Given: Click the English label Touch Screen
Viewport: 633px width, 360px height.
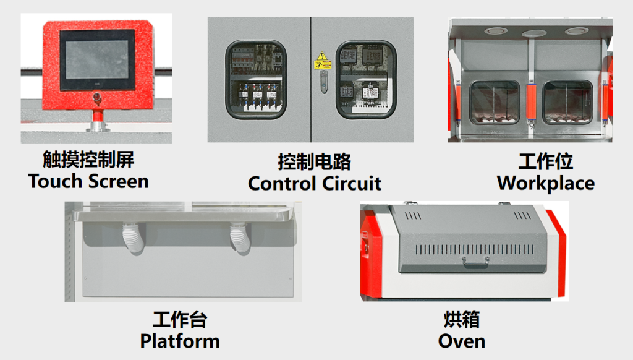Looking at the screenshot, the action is (88, 181).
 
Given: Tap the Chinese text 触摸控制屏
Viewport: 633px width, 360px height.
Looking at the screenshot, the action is (88, 159).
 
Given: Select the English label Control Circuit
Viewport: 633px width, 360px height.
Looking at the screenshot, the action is (315, 184).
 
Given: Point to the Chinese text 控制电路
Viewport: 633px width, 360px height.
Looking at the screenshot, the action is (315, 161).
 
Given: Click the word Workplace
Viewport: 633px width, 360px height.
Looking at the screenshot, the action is (546, 184).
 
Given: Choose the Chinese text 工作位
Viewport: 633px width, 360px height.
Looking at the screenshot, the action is (546, 161).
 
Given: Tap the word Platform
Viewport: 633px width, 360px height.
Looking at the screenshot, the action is (180, 341).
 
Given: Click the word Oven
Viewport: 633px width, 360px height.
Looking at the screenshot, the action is (462, 341).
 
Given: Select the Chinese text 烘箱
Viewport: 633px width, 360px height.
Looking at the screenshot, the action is (462, 319).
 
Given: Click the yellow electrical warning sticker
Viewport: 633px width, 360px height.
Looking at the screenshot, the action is (322, 60).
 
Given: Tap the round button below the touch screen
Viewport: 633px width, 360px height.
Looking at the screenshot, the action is (97, 98).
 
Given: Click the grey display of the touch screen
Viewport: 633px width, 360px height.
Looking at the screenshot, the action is (97, 59).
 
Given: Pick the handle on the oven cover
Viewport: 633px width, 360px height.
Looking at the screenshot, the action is (475, 262).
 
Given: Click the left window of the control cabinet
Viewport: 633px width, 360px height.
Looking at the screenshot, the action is (256, 79).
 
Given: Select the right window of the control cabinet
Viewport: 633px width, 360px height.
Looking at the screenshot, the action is (366, 79).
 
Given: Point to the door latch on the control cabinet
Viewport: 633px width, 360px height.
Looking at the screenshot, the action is (324, 82).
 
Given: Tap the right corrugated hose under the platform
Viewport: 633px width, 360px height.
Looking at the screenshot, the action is (240, 238).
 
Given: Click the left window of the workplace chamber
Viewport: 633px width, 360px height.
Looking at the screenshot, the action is (495, 103).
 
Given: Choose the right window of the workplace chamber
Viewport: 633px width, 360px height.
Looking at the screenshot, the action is (567, 103).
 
